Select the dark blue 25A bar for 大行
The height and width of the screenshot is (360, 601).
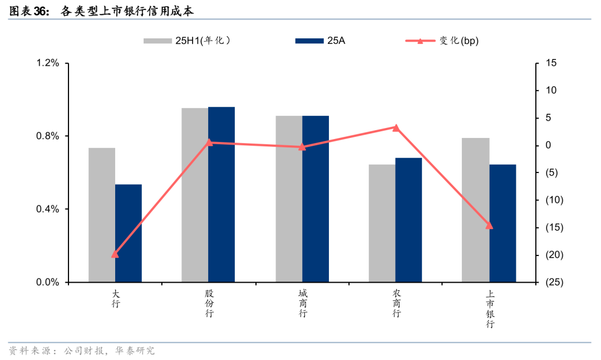(129, 233)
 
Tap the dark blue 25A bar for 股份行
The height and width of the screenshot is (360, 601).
(221, 194)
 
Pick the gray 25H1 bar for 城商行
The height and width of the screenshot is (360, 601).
(289, 199)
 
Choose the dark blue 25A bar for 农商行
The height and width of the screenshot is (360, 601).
(409, 220)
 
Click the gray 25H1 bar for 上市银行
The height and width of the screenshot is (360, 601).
(476, 210)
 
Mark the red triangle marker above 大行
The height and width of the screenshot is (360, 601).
(115, 254)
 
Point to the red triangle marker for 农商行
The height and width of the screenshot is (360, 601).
(396, 127)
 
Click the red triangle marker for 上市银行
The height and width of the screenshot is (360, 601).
(490, 225)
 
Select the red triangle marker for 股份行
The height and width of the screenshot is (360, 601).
(209, 142)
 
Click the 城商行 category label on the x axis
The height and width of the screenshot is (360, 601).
(302, 303)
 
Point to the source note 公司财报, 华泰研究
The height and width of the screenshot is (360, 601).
(109, 351)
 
